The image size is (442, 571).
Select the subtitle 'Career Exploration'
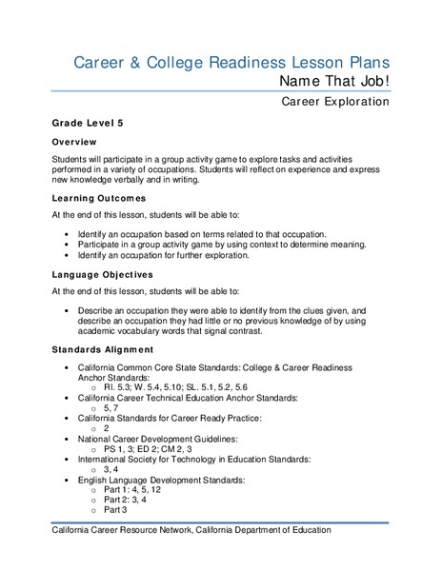tap(335, 101)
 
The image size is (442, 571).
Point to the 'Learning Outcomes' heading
tap(99, 198)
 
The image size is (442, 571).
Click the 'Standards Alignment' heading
tap(105, 349)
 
